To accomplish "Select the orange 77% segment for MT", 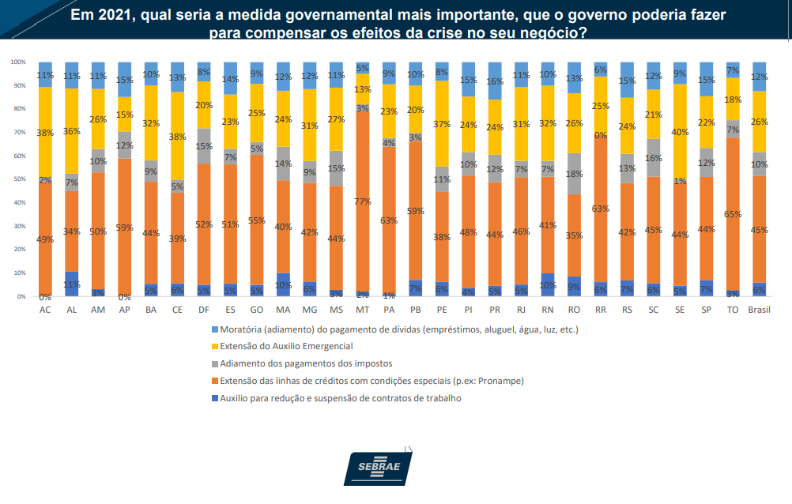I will click(363, 202).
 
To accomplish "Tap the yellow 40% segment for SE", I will click(680, 132).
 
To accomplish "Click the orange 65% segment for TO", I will click(733, 213).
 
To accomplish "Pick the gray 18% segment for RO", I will click(574, 174).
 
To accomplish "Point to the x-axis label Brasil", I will click(760, 310).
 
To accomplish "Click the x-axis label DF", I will click(204, 310).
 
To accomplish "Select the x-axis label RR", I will click(601, 310).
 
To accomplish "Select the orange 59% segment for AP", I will click(124, 228).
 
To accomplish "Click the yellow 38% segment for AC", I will click(45, 133).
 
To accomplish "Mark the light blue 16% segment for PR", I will click(495, 81).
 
